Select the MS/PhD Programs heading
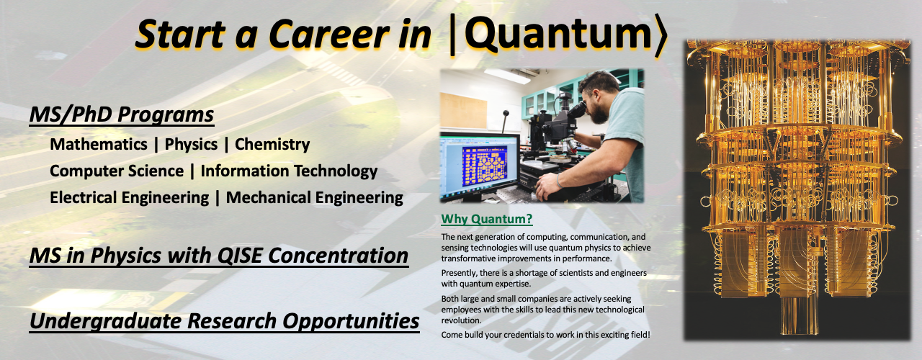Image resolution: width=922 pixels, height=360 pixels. pyautogui.click(x=122, y=114)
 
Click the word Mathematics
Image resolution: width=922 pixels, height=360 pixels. pyautogui.click(x=99, y=145)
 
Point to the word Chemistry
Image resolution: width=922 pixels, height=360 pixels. pyautogui.click(x=272, y=145)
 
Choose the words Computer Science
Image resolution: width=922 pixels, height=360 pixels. pyautogui.click(x=117, y=171)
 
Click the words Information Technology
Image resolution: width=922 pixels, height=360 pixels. pyautogui.click(x=289, y=171)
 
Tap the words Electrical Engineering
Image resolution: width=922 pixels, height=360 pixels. pyautogui.click(x=129, y=198)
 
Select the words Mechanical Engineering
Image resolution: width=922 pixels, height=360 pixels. pyautogui.click(x=315, y=198)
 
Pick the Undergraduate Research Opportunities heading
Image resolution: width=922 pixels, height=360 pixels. pyautogui.click(x=225, y=321)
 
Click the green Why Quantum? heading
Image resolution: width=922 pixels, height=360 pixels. pyautogui.click(x=486, y=219)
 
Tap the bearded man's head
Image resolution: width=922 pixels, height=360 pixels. pyautogui.click(x=599, y=96)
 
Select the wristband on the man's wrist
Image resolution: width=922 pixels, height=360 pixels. pyautogui.click(x=558, y=181)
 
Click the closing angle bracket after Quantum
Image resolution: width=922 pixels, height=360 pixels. pyautogui.click(x=659, y=35)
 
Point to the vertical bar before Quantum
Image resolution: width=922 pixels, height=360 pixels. pyautogui.click(x=452, y=35)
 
